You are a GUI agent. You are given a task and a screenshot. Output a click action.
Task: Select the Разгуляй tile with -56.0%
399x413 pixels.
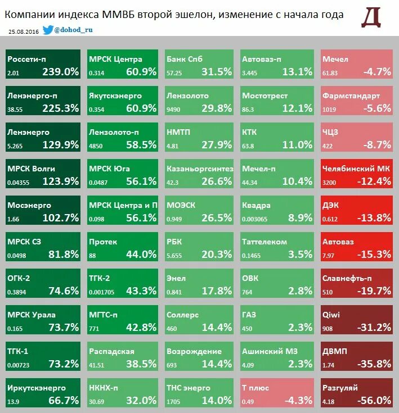356,393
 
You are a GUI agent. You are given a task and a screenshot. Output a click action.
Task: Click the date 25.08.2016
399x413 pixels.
23,31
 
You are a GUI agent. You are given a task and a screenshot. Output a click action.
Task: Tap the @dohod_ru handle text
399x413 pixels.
73,30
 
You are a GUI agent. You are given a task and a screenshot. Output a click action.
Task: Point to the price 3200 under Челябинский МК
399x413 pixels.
329,183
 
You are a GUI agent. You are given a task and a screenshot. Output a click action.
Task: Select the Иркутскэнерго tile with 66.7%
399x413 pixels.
43,393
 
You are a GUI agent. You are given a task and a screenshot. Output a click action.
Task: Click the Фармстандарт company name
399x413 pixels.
351,96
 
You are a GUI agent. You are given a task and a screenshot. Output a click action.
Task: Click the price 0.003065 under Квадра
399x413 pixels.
255,219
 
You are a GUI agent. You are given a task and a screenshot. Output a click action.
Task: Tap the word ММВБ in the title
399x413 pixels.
119,14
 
